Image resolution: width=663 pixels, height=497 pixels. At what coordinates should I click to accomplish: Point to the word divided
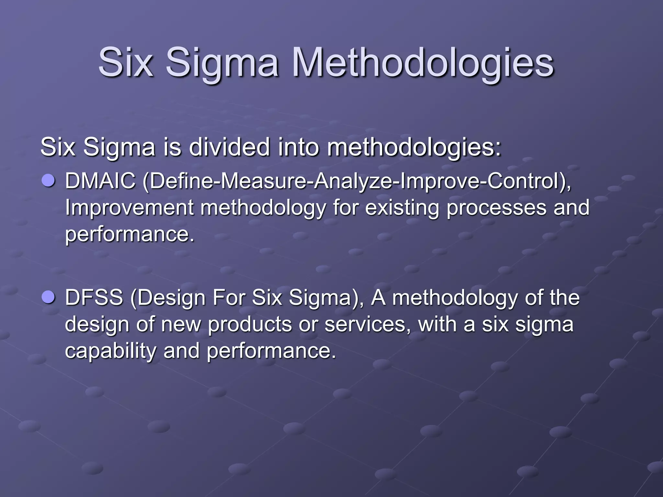click(229, 147)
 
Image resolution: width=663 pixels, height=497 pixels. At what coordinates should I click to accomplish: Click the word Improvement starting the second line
click(129, 207)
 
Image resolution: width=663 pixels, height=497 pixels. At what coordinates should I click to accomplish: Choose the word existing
click(402, 207)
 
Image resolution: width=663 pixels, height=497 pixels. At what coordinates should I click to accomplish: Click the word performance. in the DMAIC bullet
click(130, 235)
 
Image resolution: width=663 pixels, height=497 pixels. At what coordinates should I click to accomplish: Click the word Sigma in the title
click(222, 63)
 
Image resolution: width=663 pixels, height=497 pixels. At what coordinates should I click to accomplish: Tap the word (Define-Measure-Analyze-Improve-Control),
click(356, 181)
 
